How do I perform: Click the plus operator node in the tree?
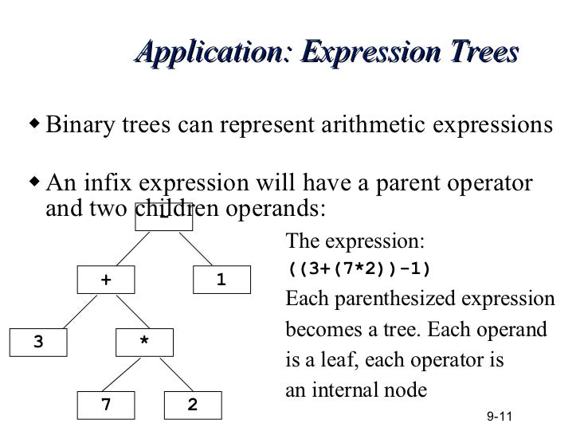(106, 280)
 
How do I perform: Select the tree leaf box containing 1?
(221, 280)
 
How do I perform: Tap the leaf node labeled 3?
(38, 342)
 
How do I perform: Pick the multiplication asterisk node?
(144, 342)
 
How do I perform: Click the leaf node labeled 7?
(106, 405)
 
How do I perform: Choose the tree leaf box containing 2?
(192, 405)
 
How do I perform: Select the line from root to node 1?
(202, 249)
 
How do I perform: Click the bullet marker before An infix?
(34, 182)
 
